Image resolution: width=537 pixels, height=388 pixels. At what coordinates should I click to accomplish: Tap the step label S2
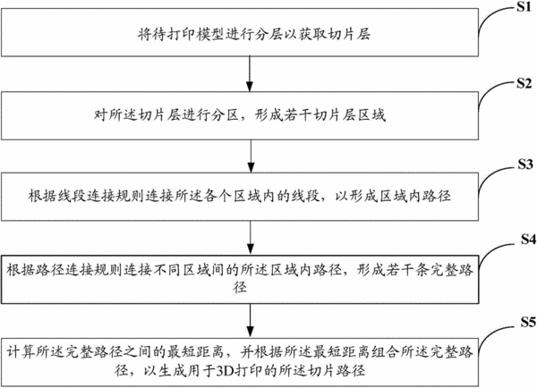tap(524, 83)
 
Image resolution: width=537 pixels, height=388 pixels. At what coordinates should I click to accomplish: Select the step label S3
tap(525, 164)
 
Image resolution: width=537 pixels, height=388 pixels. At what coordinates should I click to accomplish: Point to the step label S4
tap(528, 240)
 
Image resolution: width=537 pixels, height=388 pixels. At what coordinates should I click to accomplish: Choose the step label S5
tap(528, 322)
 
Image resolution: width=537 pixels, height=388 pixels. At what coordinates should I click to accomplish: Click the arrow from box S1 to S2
tap(250, 74)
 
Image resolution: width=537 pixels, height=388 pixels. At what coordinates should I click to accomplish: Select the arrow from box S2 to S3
tap(251, 156)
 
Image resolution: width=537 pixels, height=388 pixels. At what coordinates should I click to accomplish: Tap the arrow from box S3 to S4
tap(251, 238)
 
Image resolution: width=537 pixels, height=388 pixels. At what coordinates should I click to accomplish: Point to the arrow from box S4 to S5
tap(251, 320)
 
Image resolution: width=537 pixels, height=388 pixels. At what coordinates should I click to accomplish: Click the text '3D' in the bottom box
tap(225, 370)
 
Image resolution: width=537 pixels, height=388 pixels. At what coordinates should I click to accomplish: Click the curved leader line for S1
tap(496, 21)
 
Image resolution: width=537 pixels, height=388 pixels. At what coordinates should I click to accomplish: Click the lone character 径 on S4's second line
tap(240, 287)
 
